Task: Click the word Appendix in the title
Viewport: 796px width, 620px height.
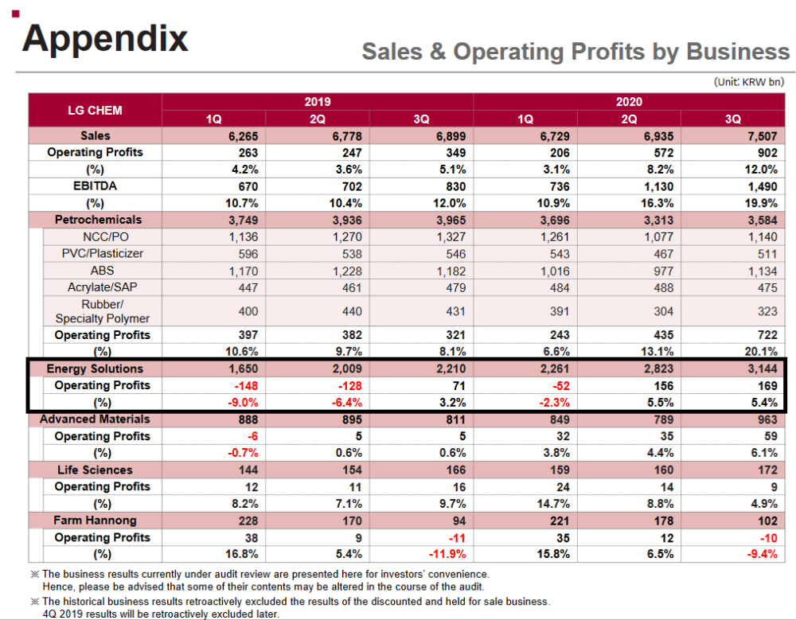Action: pos(105,37)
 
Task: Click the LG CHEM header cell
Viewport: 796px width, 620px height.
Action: pos(95,111)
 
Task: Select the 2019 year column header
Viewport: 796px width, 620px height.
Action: pos(317,102)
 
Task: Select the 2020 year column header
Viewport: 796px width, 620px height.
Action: pos(629,102)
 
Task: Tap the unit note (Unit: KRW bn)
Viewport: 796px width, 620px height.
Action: pos(747,81)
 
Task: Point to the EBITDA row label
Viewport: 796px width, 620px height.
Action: pos(95,186)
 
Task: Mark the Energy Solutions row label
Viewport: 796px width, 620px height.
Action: pos(95,368)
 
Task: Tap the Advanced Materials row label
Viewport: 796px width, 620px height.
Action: pos(95,419)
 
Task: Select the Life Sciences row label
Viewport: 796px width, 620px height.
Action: pos(95,470)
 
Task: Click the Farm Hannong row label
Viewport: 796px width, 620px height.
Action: pos(95,521)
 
